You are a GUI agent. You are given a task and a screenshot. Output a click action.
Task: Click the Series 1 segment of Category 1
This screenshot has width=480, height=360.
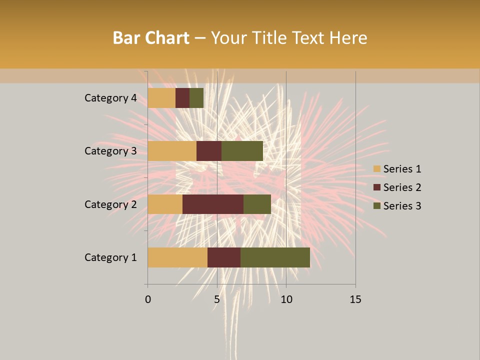[177, 257]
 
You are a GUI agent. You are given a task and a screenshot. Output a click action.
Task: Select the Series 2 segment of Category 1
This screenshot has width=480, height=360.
[224, 257]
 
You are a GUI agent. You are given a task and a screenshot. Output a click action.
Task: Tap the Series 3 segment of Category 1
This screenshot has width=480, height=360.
[275, 257]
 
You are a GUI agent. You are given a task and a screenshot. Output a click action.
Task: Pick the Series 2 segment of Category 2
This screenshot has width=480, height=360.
[213, 204]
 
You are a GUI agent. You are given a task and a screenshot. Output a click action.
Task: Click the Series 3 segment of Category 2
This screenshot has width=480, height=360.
[257, 204]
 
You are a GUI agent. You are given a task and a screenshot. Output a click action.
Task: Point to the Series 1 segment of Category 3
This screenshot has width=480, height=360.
[172, 151]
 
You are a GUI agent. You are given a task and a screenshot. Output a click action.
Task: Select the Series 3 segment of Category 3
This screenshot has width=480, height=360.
[242, 151]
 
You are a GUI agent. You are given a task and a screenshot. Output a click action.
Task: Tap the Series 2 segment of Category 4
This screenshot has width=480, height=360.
[182, 98]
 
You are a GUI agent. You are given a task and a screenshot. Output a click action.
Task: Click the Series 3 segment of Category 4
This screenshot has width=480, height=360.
[196, 98]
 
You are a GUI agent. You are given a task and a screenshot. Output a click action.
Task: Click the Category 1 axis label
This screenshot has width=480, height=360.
[110, 257]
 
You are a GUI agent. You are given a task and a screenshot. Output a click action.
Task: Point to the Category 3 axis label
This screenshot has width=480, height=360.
[110, 151]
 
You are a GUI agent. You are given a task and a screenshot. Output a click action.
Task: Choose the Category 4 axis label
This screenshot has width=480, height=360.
[110, 98]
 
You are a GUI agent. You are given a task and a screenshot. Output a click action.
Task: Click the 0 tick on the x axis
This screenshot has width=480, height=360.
[148, 299]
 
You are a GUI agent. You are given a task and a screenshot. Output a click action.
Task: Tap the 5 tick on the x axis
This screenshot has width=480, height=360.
[217, 299]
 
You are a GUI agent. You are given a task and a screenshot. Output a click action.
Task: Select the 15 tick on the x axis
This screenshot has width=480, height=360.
[355, 299]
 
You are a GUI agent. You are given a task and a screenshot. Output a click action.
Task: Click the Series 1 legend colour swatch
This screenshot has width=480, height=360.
[376, 169]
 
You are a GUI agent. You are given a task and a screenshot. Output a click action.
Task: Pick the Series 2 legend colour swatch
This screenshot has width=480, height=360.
[376, 187]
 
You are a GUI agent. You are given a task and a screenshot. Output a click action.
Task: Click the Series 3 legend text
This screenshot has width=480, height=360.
[402, 206]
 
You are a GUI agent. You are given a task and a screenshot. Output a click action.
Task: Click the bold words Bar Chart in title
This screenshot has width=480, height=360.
[150, 38]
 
